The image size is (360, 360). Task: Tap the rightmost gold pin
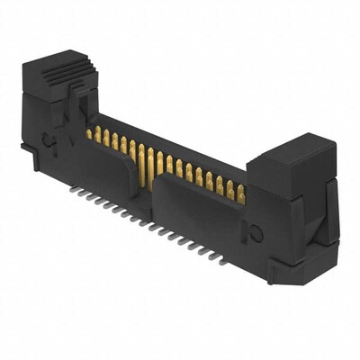coord(241,191)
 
